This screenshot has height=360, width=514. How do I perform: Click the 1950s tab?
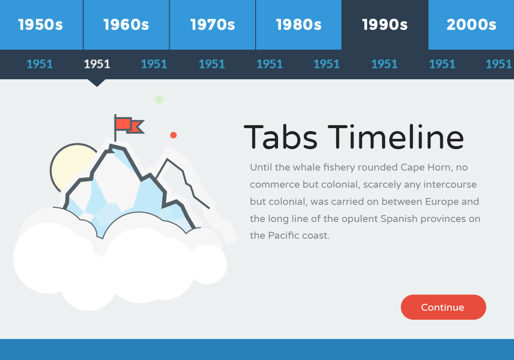tap(41, 25)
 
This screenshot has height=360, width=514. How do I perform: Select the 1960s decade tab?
tap(126, 25)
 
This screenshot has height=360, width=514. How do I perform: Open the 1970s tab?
tap(212, 25)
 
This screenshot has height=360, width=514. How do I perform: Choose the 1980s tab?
tap(299, 25)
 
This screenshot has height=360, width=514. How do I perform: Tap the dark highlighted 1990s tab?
tap(385, 25)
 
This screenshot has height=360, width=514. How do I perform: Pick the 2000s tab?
tap(471, 25)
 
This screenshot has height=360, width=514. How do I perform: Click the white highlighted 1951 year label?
tap(97, 64)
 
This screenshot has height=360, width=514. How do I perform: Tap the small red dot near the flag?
tap(173, 135)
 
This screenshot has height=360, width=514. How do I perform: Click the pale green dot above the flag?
tap(159, 99)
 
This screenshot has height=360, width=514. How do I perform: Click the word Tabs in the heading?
tap(281, 137)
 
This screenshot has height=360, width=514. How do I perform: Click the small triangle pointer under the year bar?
tap(97, 83)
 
